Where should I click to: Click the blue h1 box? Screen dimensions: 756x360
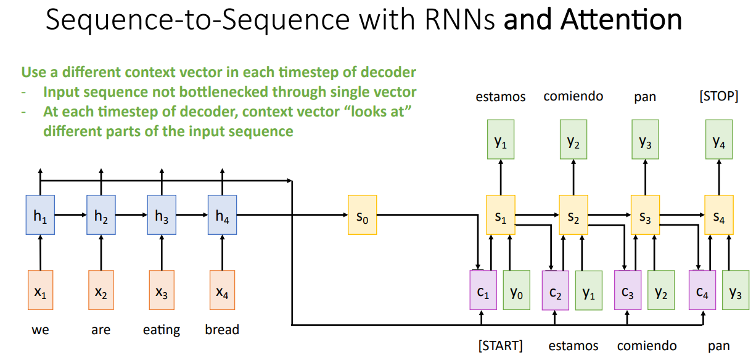coord(40,215)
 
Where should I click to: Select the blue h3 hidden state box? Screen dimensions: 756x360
coord(162,215)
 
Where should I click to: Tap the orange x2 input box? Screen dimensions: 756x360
coord(101,290)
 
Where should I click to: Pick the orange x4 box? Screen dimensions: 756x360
coord(222,290)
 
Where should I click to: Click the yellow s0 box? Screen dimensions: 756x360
coord(362,215)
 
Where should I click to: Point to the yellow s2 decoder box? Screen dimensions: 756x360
coord(573,215)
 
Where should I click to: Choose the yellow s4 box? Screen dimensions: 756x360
coord(719,215)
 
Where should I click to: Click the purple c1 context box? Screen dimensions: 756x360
coord(483,290)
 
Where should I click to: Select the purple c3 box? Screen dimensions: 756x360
coord(627,290)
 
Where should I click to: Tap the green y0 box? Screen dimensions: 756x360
coord(516,290)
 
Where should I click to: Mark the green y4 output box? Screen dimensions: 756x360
coord(719,139)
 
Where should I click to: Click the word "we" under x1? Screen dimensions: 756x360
coord(40,330)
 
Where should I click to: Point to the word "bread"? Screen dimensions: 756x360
coord(222,329)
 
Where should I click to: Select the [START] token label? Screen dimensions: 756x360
coord(501,346)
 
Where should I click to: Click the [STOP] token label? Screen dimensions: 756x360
coord(719,96)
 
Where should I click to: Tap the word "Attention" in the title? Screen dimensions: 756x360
coord(621,20)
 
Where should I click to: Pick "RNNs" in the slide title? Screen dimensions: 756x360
coord(459,20)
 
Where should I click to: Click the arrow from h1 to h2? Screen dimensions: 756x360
coord(70,215)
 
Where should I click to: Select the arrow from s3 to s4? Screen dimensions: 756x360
coord(682,215)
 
